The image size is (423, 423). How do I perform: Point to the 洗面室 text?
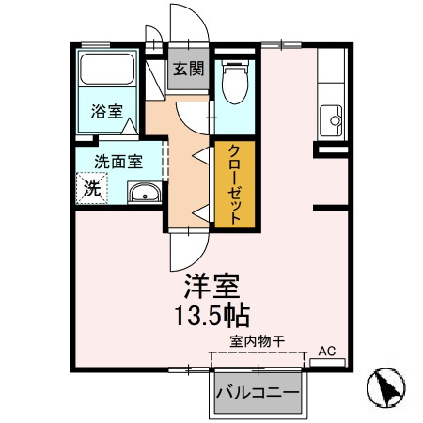tap(117, 160)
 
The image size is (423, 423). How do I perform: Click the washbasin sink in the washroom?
tap(144, 195)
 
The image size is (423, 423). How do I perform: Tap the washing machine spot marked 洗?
tap(91, 187)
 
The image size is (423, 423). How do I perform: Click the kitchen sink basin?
tap(332, 119)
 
